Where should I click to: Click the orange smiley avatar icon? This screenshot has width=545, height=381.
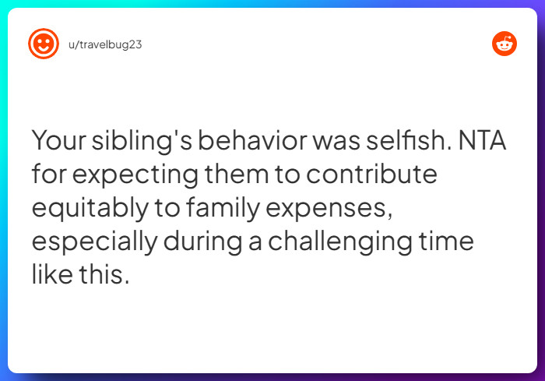(x=43, y=44)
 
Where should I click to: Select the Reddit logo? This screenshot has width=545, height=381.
(x=505, y=44)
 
